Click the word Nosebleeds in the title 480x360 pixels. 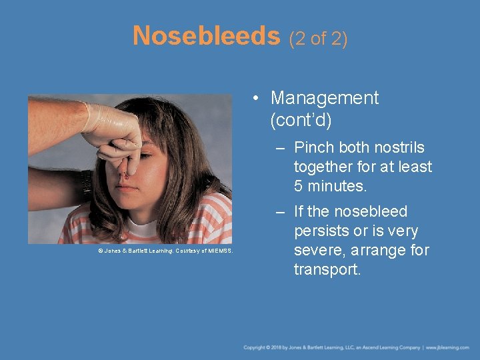tap(206, 35)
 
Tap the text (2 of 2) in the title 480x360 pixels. tap(318, 38)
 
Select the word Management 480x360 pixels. tap(324, 98)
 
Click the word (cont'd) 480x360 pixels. tap(301, 121)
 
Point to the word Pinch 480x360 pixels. tap(314, 147)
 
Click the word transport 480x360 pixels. tap(327, 270)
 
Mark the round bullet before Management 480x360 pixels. tap(256, 99)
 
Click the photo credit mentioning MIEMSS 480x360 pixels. tap(165, 250)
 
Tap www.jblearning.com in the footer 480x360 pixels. tap(448, 347)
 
